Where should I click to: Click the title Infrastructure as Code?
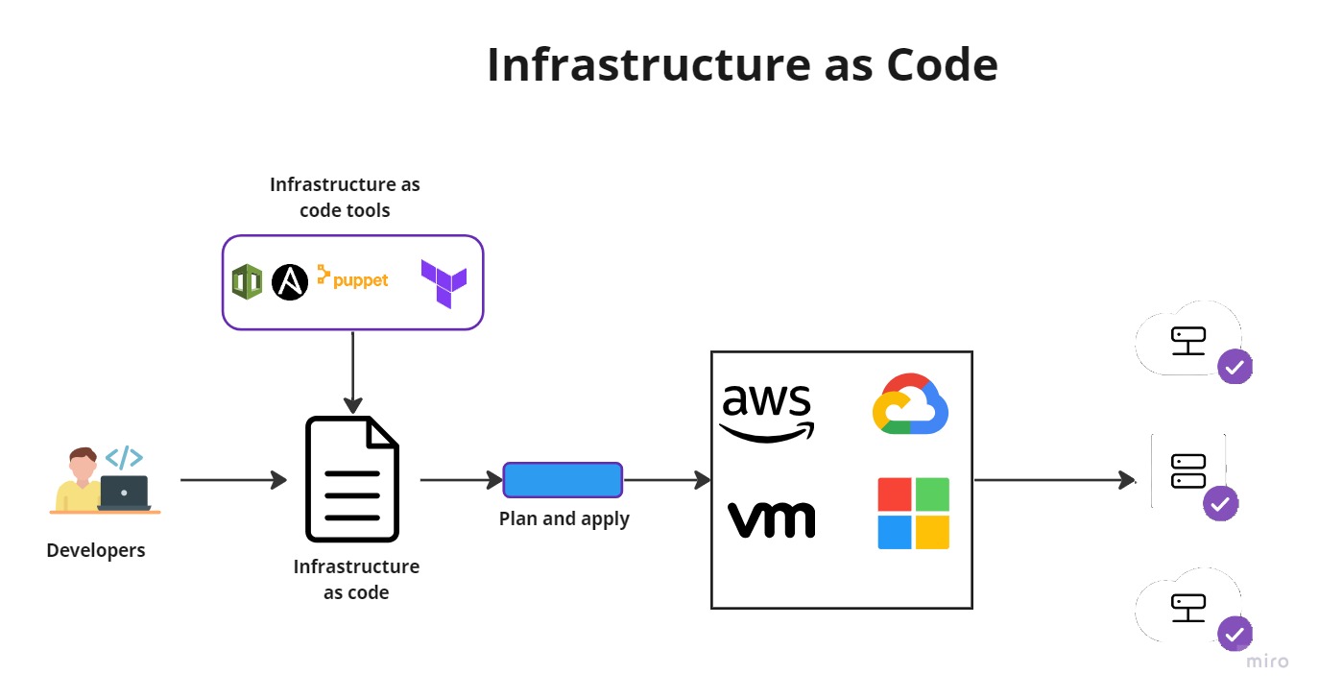click(741, 65)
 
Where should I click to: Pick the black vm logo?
click(771, 519)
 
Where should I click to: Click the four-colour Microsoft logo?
click(913, 514)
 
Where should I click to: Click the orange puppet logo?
click(352, 279)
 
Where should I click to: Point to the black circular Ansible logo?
click(290, 282)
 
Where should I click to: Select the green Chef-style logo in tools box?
click(247, 282)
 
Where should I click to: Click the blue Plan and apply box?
click(563, 480)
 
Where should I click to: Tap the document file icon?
click(352, 479)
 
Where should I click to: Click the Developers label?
click(96, 550)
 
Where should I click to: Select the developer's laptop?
click(124, 493)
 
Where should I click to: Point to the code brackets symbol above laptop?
click(124, 457)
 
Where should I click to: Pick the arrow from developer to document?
click(233, 480)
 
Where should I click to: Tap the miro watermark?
click(1267, 662)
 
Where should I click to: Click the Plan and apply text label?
click(564, 519)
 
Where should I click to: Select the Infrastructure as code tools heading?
click(345, 197)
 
